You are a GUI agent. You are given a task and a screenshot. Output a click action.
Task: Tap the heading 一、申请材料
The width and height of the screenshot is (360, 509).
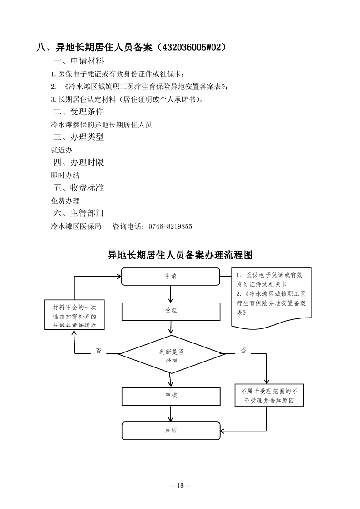(x=79, y=61)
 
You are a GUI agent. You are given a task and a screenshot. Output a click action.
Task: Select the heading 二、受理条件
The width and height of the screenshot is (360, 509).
(x=79, y=112)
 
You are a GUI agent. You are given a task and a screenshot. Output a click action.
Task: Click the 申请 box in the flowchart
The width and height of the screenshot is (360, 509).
(x=170, y=276)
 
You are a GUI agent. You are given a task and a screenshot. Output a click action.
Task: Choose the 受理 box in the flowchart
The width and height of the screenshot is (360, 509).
(x=170, y=311)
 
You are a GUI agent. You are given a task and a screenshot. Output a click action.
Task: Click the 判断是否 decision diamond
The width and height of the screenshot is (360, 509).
(x=171, y=353)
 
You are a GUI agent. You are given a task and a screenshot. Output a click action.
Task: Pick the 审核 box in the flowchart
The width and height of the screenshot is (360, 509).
(x=171, y=396)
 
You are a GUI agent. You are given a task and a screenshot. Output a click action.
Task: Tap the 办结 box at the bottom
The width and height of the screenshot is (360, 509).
(x=170, y=431)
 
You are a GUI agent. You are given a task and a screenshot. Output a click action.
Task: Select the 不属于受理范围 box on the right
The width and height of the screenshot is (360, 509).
(x=269, y=396)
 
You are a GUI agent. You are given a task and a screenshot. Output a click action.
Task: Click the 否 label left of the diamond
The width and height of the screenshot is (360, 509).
(x=98, y=351)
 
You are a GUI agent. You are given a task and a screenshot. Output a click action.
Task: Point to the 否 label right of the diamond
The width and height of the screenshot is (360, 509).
(x=243, y=351)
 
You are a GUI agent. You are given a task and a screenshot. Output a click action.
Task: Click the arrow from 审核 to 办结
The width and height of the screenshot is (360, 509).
(x=170, y=414)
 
